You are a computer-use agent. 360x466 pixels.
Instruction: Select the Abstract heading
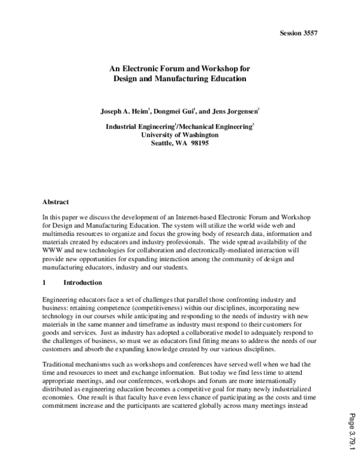pyautogui.click(x=56, y=202)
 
